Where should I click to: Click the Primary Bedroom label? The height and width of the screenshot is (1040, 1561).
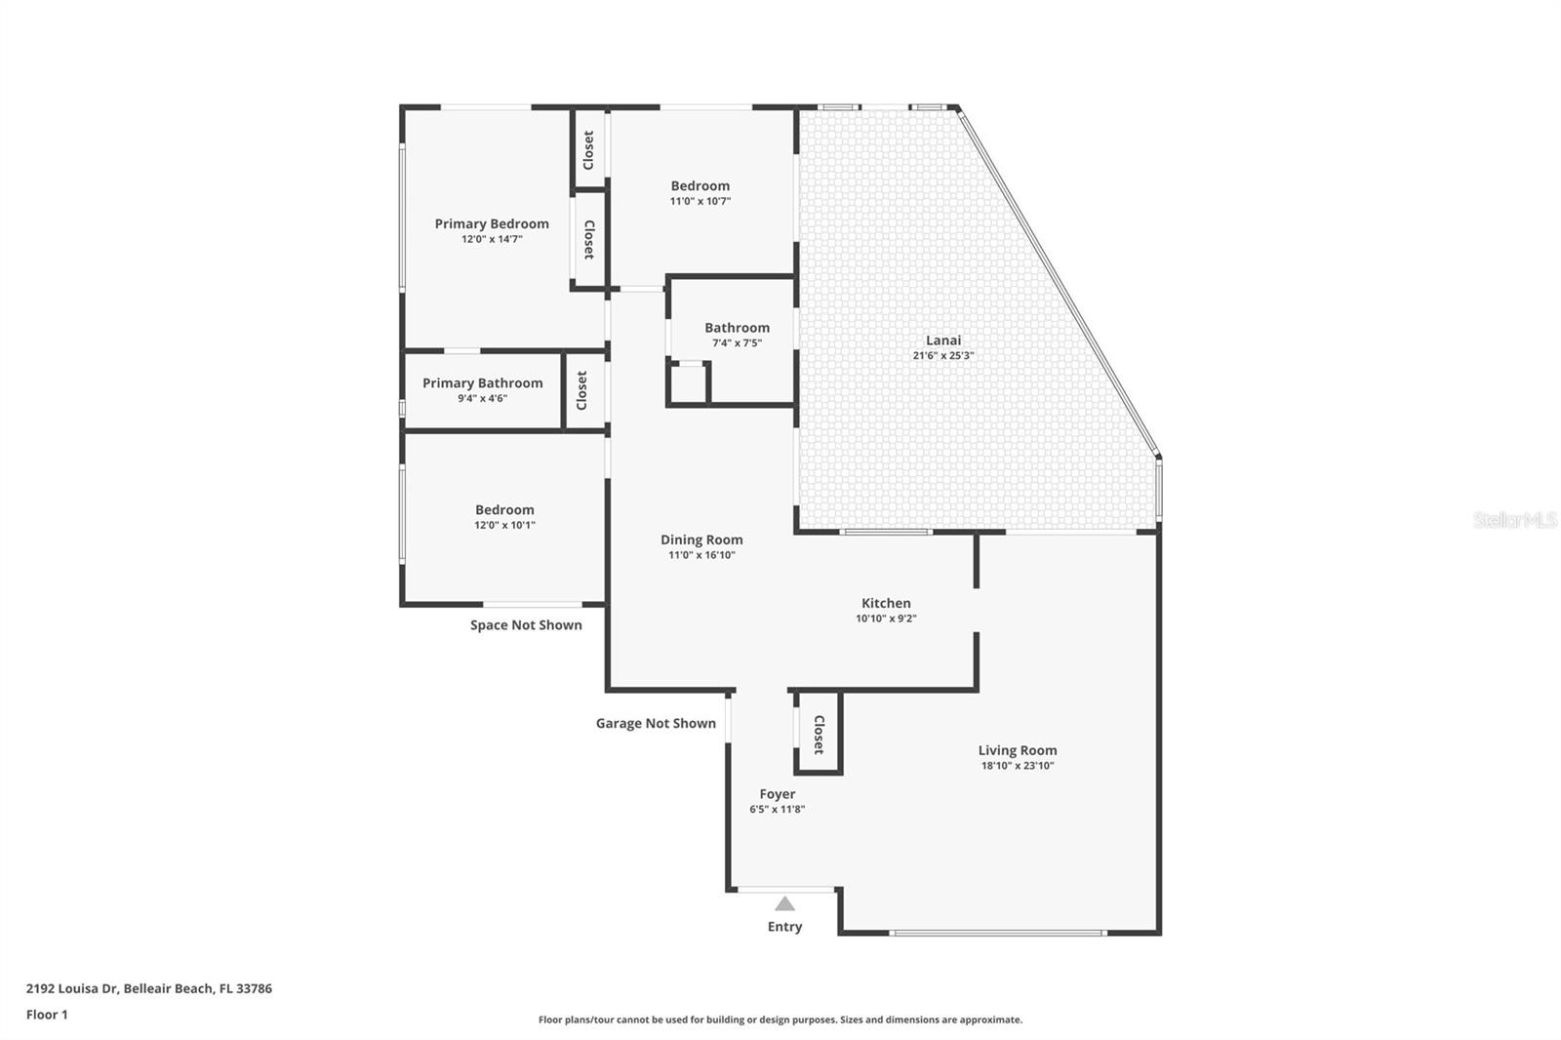click(x=492, y=223)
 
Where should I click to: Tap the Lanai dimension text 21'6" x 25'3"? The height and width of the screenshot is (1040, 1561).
click(x=942, y=355)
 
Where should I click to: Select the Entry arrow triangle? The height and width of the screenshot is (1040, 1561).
click(x=784, y=903)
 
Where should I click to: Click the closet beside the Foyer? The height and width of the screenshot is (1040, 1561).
click(x=818, y=734)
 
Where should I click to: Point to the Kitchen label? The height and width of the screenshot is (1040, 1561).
click(x=886, y=603)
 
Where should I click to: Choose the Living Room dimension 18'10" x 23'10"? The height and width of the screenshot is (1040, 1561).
click(x=1018, y=766)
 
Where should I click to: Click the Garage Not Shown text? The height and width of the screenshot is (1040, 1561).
click(x=656, y=723)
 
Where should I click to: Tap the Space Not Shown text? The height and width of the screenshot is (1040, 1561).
click(x=526, y=625)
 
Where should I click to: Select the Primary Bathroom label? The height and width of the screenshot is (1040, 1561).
click(x=482, y=383)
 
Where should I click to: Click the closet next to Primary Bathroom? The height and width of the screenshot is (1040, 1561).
click(x=582, y=390)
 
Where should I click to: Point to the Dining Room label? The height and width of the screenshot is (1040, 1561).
click(x=701, y=540)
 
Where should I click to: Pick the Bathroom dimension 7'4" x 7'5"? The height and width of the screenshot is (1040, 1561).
click(x=737, y=343)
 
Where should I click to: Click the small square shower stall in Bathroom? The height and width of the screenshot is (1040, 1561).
click(x=689, y=383)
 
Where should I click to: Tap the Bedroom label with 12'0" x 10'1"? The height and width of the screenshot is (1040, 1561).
click(x=504, y=509)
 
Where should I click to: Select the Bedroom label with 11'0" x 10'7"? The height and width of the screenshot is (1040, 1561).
click(x=700, y=185)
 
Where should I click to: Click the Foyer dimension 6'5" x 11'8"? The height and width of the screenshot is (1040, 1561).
click(x=777, y=809)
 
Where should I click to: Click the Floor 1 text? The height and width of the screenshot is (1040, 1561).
click(x=47, y=1015)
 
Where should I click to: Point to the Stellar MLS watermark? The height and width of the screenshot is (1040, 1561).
click(x=1514, y=520)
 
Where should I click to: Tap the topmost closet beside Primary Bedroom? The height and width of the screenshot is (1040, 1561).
click(x=588, y=149)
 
